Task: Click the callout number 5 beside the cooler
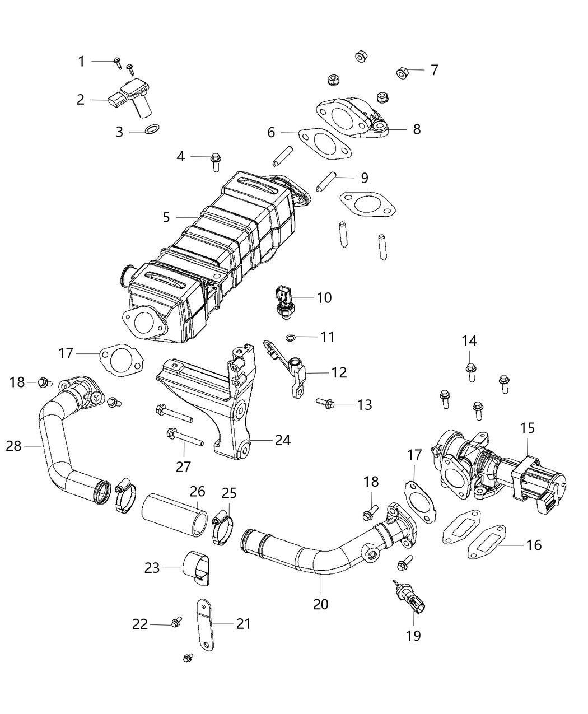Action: click(x=166, y=217)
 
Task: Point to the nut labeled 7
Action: click(x=402, y=72)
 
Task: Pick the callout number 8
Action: click(x=416, y=129)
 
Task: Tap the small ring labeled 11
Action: click(x=290, y=337)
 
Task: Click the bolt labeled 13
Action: click(x=326, y=403)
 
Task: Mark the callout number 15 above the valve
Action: click(x=528, y=428)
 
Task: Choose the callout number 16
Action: click(x=534, y=544)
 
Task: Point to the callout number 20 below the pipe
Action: click(x=321, y=604)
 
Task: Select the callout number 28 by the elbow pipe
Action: click(x=13, y=446)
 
